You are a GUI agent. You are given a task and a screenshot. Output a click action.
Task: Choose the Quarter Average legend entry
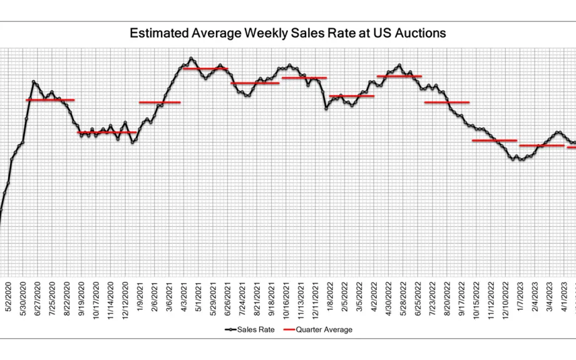point(318,329)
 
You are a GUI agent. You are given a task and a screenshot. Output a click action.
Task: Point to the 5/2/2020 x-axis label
point(8,297)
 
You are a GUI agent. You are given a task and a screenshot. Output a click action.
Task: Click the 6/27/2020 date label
point(38,299)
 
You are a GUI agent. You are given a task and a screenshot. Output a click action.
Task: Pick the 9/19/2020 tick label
point(81,299)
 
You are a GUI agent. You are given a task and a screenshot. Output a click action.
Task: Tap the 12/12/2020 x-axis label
point(125,301)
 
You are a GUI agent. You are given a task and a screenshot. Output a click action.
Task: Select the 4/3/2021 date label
point(183,297)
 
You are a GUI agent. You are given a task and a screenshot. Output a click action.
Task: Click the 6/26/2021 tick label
point(227,299)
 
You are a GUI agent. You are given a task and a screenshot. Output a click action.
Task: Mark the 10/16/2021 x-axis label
point(286,301)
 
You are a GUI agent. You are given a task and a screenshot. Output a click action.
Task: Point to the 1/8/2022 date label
point(330,297)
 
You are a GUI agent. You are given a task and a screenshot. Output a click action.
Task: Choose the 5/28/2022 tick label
point(403,299)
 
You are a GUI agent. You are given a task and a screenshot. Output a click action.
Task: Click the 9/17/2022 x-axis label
point(461,299)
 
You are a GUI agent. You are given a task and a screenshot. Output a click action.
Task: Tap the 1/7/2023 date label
point(520,297)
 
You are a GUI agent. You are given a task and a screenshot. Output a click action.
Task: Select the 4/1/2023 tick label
point(564,297)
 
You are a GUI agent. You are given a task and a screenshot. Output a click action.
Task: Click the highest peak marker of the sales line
point(191,58)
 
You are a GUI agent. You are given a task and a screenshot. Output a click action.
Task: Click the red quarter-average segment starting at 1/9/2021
point(160,102)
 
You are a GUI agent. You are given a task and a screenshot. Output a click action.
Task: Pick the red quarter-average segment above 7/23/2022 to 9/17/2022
point(447,102)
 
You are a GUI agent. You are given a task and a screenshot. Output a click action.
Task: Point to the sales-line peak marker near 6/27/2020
point(34,82)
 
